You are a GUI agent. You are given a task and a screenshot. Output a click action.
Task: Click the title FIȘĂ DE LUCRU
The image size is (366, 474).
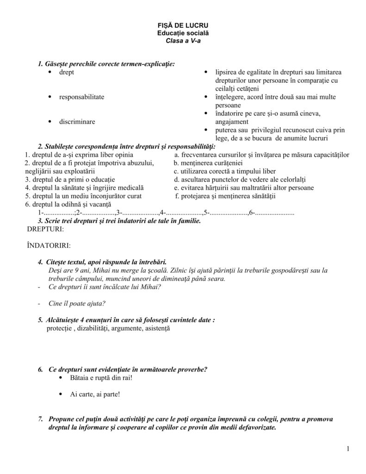tap(183, 25)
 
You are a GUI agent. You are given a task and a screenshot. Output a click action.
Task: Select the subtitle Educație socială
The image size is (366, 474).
tap(183, 33)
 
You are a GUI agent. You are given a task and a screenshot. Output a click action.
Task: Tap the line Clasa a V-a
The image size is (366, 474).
tap(183, 41)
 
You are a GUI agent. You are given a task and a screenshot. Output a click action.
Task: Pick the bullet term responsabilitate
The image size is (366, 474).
tap(81, 97)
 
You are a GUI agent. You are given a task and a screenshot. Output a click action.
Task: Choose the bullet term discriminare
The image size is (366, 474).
tap(77, 121)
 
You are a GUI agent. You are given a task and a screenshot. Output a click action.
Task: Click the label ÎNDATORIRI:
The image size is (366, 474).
tap(49, 245)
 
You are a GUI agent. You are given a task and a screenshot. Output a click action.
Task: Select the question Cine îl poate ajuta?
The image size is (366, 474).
tap(77, 304)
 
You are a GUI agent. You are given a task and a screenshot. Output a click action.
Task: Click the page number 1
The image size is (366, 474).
tap(347, 448)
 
